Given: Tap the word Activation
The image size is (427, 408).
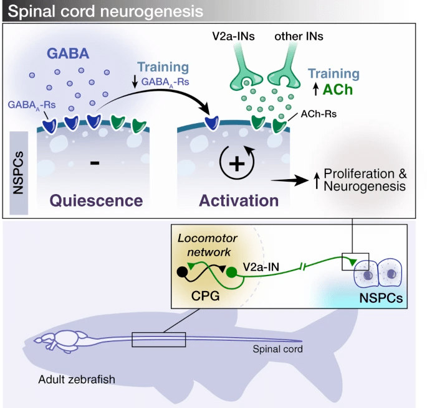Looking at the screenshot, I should click(x=238, y=200).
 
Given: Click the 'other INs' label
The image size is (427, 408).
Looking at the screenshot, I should click(x=300, y=37).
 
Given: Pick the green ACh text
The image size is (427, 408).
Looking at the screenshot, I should click(x=338, y=90).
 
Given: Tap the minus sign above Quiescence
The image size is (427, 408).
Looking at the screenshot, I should click(x=94, y=164).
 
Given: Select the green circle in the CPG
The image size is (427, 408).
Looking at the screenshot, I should click(x=232, y=272).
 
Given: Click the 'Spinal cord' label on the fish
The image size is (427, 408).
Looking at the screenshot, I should click(x=278, y=349).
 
